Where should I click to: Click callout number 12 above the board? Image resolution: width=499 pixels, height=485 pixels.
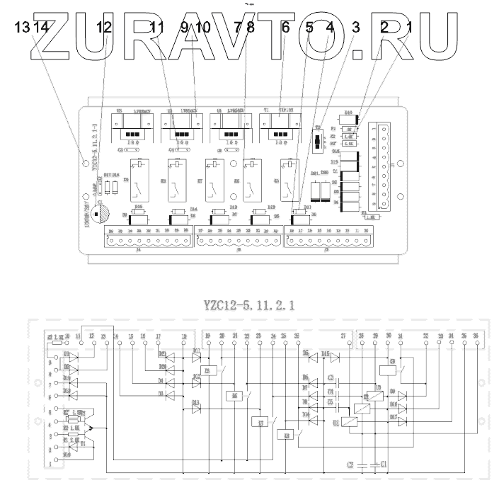click(104, 28)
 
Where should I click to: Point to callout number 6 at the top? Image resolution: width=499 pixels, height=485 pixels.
click(285, 28)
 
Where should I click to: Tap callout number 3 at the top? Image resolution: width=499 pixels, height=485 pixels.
click(356, 28)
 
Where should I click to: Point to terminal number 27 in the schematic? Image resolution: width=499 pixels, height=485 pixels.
click(343, 336)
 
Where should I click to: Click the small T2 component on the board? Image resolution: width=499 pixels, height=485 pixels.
click(317, 141)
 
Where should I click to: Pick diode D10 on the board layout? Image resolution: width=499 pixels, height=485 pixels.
click(350, 118)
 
